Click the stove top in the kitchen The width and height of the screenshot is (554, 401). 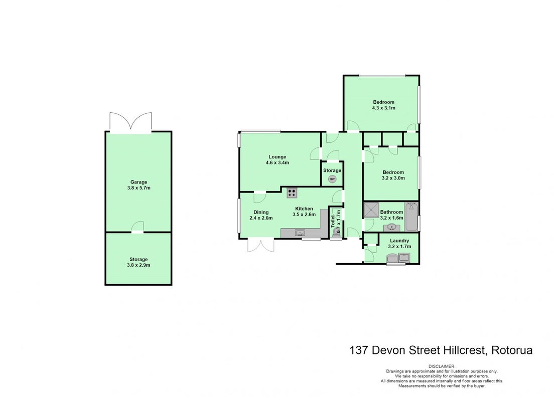(x=292, y=193)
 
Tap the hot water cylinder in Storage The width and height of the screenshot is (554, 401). (x=332, y=179)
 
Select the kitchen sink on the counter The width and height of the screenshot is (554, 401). (x=300, y=233)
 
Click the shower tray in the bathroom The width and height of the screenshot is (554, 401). (x=371, y=210)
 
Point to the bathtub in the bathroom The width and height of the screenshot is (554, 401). (x=411, y=217)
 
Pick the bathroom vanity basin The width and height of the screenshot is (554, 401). (x=392, y=227)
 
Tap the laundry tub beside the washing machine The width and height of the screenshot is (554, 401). (x=404, y=257)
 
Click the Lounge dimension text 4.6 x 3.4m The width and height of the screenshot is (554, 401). (x=278, y=163)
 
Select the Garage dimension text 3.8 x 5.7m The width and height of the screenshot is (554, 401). (x=139, y=188)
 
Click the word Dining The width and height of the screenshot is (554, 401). (x=261, y=212)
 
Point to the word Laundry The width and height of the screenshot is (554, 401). (x=399, y=241)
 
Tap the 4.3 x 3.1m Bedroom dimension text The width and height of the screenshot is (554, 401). (x=384, y=108)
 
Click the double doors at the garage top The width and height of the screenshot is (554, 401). (x=131, y=122)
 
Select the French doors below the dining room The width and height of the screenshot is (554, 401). (x=261, y=245)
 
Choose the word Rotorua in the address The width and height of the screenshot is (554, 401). (x=512, y=350)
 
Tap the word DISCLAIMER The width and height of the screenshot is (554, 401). (x=442, y=366)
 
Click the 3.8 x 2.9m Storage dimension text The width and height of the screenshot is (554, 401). (x=138, y=265)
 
